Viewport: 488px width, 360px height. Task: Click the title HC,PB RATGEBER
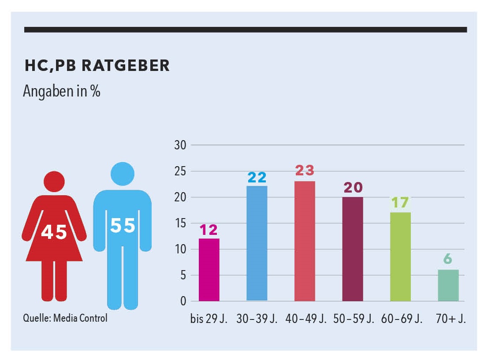tap(97, 66)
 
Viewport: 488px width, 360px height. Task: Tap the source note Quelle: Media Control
tap(65, 318)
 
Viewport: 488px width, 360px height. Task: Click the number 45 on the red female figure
tap(54, 232)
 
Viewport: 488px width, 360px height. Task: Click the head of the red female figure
tap(54, 181)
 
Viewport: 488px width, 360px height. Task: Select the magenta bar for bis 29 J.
tap(209, 270)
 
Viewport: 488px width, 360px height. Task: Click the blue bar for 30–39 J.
tap(257, 243)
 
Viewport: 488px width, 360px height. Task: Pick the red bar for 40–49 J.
tap(305, 241)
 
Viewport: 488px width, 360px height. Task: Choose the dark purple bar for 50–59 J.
tap(353, 249)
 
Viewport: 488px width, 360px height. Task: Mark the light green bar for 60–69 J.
tap(400, 256)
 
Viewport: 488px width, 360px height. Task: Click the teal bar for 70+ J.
tap(448, 285)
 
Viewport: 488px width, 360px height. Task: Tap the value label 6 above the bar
tap(448, 259)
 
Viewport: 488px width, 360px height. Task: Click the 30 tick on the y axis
tap(181, 145)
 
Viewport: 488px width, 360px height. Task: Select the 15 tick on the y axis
tap(181, 223)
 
